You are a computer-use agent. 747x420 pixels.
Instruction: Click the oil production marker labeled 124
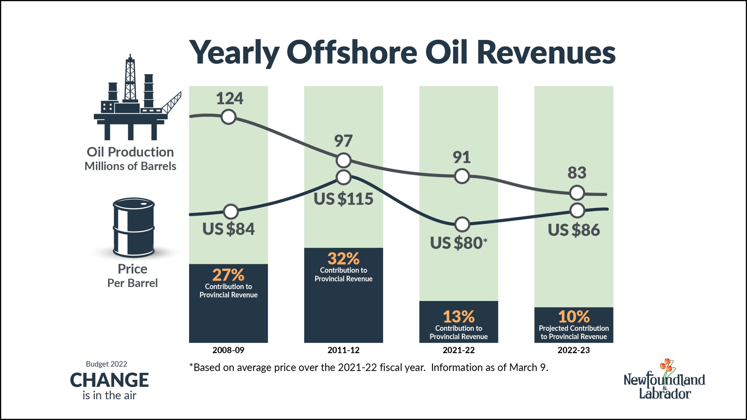pyautogui.click(x=228, y=117)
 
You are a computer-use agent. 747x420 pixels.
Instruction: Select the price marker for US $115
pyautogui.click(x=343, y=177)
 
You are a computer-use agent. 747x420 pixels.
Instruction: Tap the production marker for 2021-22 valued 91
pyautogui.click(x=462, y=176)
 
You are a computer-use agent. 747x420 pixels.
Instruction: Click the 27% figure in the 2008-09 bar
pyautogui.click(x=228, y=275)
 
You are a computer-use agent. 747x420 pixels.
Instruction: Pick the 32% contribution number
pyautogui.click(x=343, y=258)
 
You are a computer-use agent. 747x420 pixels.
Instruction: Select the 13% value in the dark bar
pyautogui.click(x=459, y=316)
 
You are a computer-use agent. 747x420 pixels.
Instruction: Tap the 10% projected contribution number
pyautogui.click(x=574, y=316)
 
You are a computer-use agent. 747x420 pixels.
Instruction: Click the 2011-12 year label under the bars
pyautogui.click(x=343, y=350)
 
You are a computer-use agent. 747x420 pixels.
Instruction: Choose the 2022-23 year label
pyautogui.click(x=574, y=350)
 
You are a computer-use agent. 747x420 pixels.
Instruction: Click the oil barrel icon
pyautogui.click(x=134, y=228)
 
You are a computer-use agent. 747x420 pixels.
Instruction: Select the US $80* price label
pyautogui.click(x=458, y=243)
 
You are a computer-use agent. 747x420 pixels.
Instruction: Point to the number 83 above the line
pyautogui.click(x=577, y=173)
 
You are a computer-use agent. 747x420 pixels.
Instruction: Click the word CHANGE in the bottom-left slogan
pyautogui.click(x=109, y=380)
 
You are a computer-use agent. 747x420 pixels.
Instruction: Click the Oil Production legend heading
pyautogui.click(x=130, y=152)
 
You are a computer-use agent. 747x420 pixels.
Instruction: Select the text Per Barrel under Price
pyautogui.click(x=132, y=283)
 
